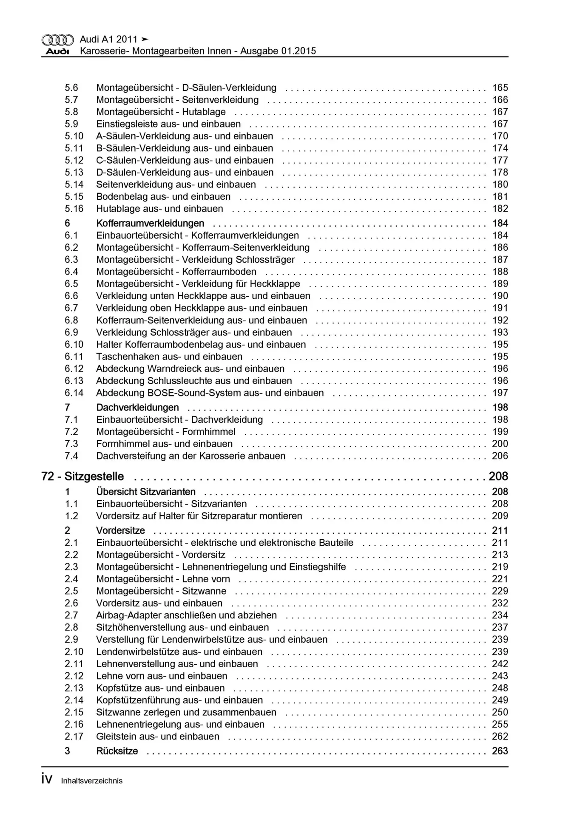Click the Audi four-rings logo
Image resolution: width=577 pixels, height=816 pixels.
57,40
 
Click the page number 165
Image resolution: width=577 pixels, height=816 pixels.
500,88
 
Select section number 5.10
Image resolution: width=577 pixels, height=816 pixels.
74,136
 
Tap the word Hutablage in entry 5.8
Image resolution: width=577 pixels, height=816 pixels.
204,112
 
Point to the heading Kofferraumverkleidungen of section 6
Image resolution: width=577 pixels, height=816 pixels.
150,223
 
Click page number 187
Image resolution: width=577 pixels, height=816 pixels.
500,260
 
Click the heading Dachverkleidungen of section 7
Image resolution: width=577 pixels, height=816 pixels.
137,408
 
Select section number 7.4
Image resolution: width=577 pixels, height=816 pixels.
71,456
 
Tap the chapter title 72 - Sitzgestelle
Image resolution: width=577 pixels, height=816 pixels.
83,476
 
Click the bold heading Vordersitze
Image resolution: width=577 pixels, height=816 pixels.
120,530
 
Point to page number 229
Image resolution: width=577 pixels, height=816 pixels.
500,591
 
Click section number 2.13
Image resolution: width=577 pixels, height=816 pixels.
74,688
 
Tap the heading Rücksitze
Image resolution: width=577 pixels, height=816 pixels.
117,751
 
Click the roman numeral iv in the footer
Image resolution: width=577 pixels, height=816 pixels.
47,779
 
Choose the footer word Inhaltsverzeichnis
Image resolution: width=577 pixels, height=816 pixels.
92,781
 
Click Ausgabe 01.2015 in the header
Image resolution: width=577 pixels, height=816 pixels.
278,51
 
